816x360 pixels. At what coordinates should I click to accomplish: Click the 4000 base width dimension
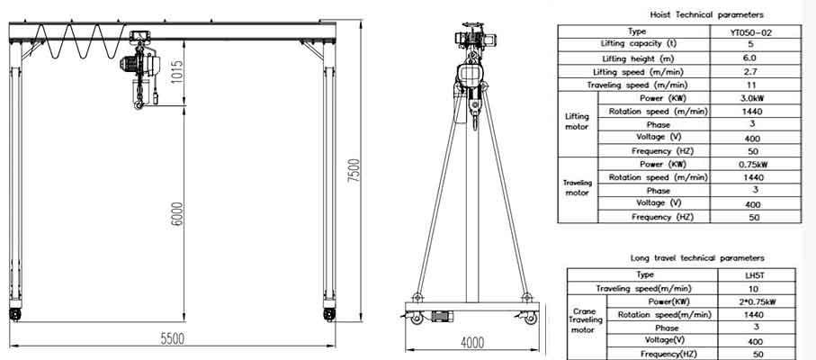tap(471, 342)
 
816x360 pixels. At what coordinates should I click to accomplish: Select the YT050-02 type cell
tap(754, 31)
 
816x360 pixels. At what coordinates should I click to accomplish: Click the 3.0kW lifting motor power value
tap(754, 98)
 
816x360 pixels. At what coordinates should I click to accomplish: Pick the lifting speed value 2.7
tap(754, 71)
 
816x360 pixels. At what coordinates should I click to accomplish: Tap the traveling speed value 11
tap(754, 85)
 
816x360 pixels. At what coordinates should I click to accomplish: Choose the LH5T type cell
tap(754, 274)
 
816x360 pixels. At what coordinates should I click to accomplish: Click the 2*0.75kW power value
tap(754, 301)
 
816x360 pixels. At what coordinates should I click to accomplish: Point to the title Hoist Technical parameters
tap(706, 15)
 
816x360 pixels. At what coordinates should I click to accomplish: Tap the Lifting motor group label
tap(577, 121)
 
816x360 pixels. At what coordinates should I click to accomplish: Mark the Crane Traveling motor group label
tap(586, 320)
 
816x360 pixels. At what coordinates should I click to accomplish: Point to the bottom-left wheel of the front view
tap(15, 315)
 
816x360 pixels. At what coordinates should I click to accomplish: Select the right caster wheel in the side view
tap(531, 318)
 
